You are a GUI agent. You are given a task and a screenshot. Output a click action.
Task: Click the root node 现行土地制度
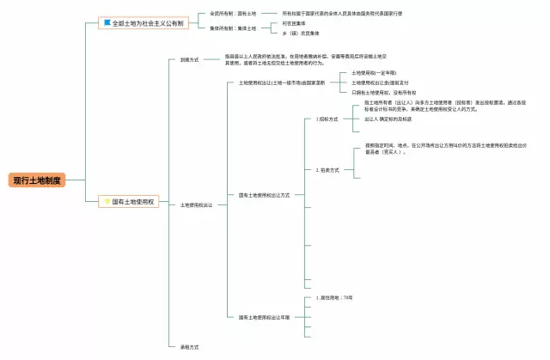click(37, 180)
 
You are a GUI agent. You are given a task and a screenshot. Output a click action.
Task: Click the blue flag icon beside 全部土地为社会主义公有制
click(107, 23)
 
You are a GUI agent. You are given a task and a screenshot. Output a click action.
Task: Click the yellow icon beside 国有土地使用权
click(107, 200)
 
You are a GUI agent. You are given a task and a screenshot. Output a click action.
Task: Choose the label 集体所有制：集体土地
click(233, 28)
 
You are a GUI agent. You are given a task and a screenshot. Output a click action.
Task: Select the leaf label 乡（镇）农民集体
click(299, 34)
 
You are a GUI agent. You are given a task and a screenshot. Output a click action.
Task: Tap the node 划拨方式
click(189, 59)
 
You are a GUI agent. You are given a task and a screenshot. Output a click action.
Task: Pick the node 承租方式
click(189, 347)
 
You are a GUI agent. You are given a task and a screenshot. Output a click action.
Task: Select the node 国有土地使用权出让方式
click(264, 195)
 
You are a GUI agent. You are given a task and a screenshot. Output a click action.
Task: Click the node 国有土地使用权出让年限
click(264, 317)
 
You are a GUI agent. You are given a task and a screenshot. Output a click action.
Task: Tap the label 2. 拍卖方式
click(327, 170)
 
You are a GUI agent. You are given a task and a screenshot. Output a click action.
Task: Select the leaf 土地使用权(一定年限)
click(374, 73)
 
